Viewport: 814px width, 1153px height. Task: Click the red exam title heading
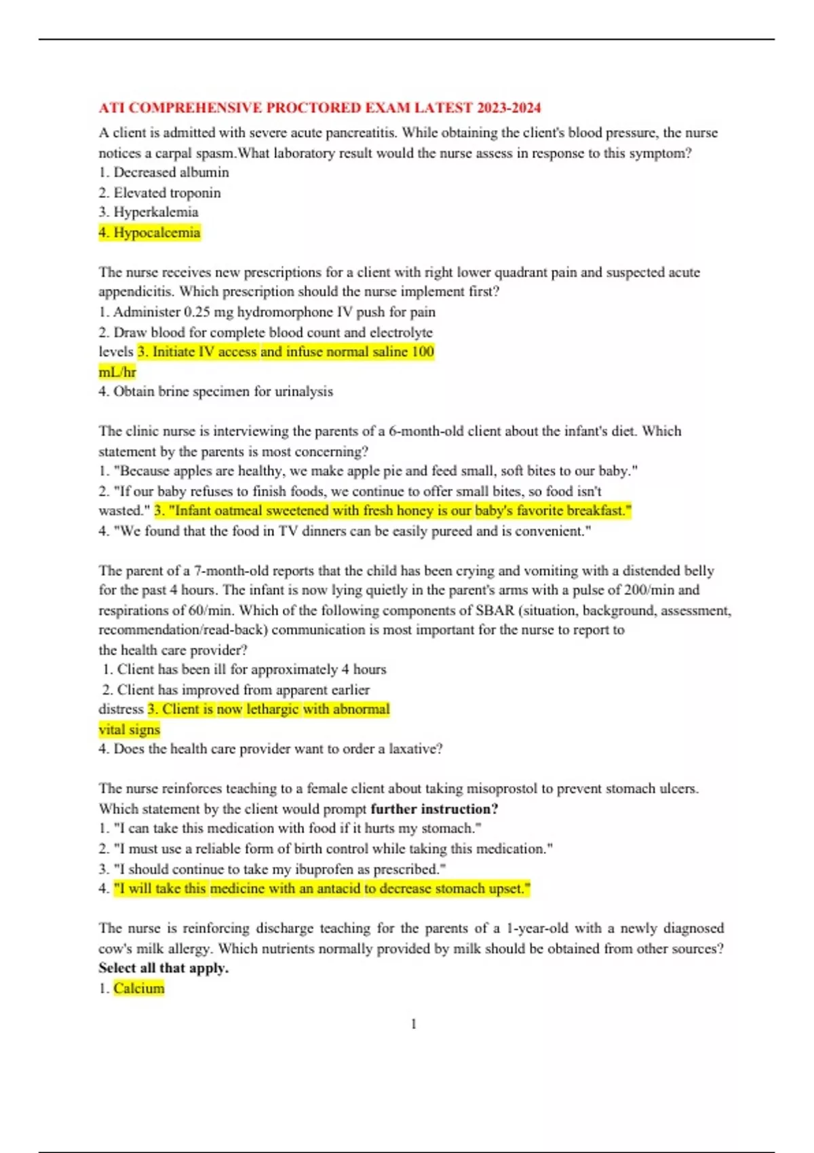tap(319, 108)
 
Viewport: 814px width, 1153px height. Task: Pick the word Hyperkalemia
tap(155, 212)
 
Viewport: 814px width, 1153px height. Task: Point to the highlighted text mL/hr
tap(117, 372)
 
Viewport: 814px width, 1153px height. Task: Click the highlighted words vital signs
tap(130, 730)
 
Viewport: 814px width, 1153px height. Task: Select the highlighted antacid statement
tap(322, 888)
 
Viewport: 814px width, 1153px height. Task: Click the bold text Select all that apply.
tap(163, 968)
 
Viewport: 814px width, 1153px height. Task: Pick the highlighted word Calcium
tap(138, 988)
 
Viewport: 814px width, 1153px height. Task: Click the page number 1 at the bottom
tap(414, 1024)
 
